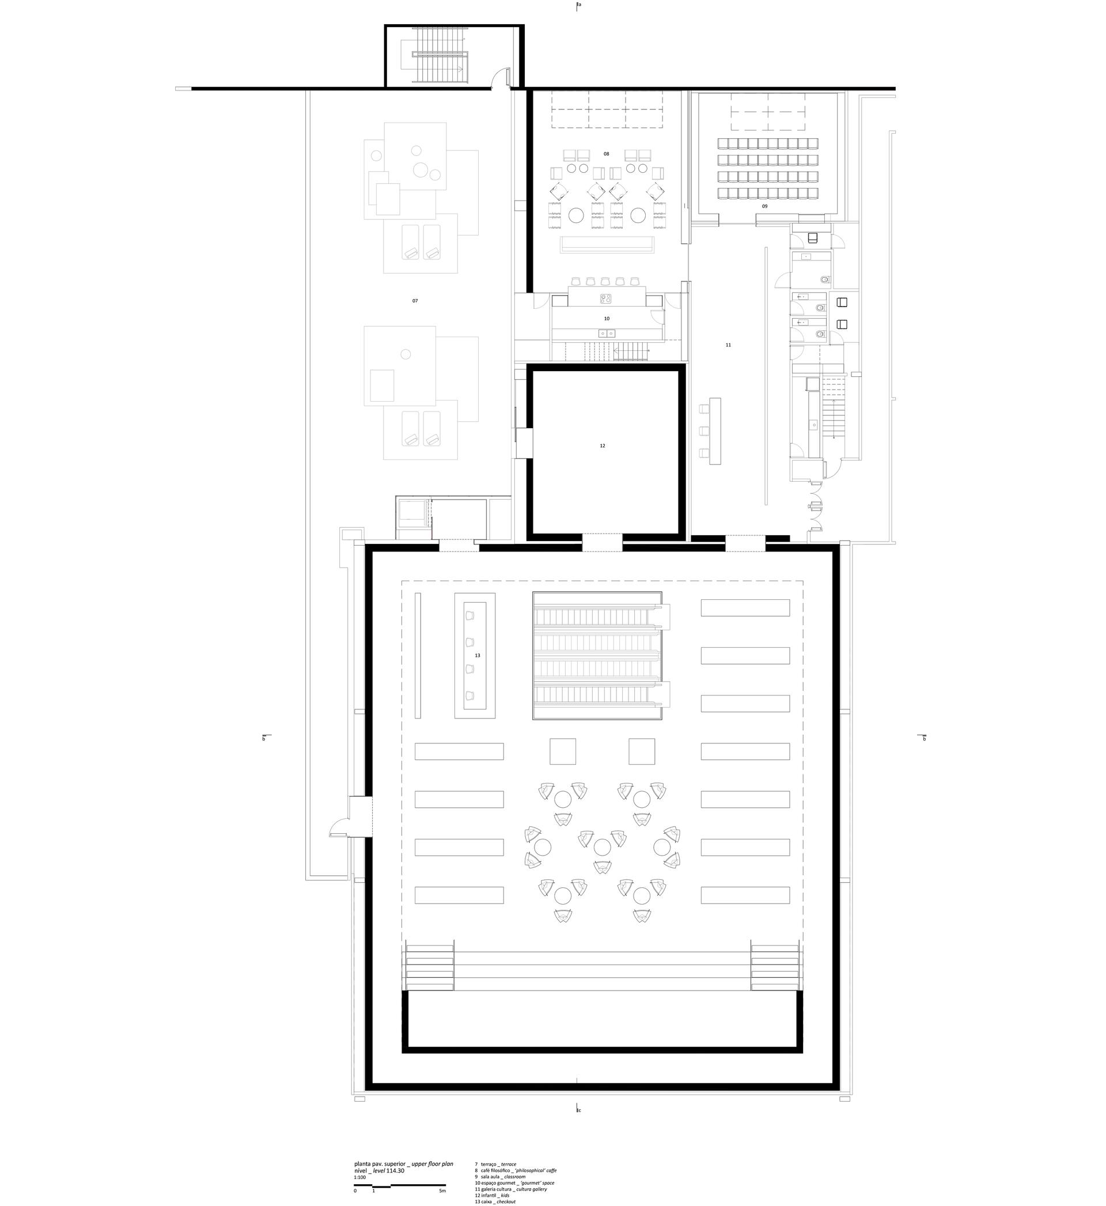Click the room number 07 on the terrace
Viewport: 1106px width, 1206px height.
click(x=415, y=301)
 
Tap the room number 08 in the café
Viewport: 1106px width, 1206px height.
click(x=606, y=154)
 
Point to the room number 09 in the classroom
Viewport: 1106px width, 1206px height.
click(x=764, y=206)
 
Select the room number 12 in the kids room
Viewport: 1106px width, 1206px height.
click(x=603, y=446)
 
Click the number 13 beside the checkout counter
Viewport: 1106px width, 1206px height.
click(x=478, y=655)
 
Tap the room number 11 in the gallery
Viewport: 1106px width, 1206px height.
click(x=728, y=345)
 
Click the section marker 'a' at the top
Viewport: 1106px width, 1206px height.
click(x=579, y=5)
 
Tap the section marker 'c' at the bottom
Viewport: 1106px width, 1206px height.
click(x=579, y=1111)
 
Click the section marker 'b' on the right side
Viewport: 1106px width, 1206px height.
click(x=924, y=739)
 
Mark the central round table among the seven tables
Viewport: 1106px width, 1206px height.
click(x=602, y=847)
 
